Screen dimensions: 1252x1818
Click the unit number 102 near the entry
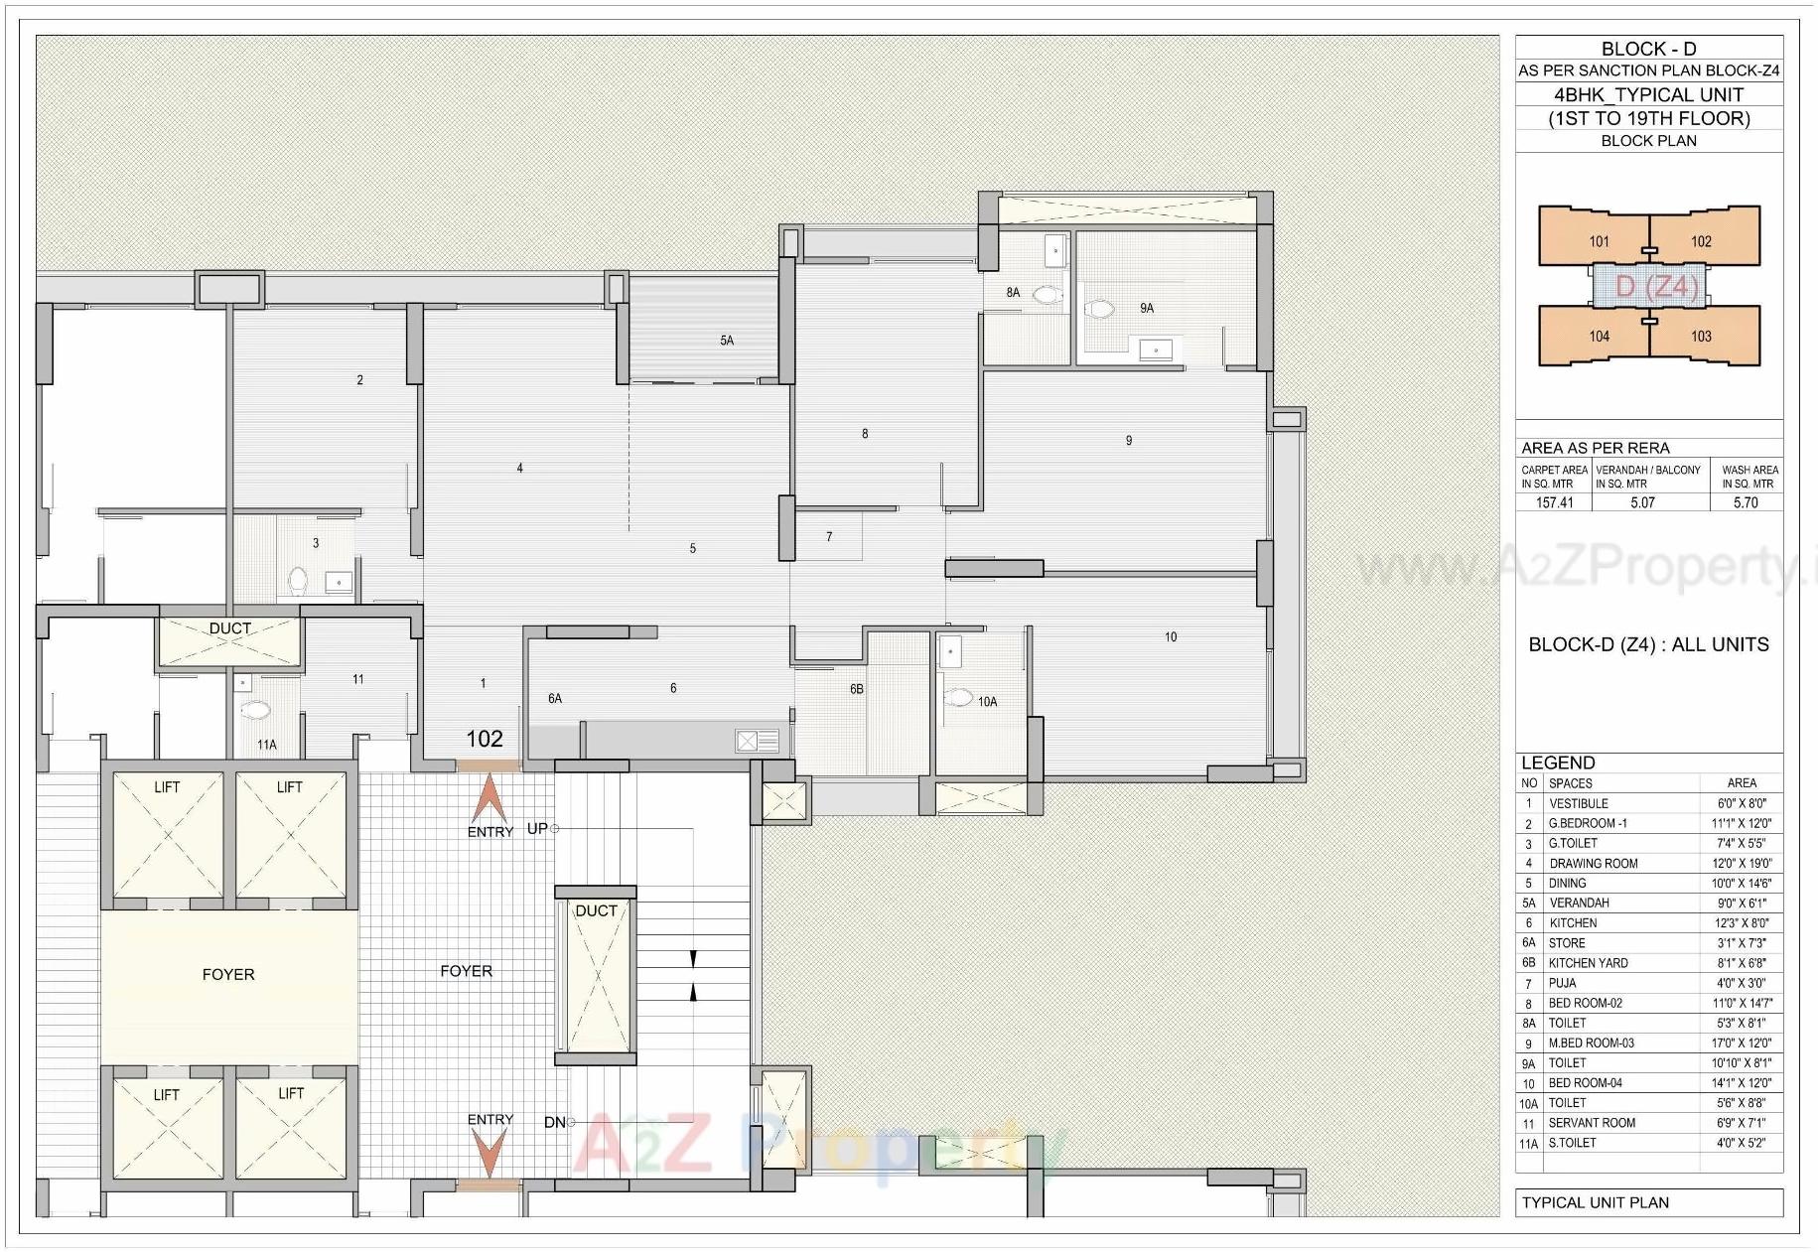[x=485, y=739]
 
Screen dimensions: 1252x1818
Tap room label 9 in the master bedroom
[x=1129, y=441]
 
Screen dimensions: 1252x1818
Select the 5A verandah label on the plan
[x=727, y=341]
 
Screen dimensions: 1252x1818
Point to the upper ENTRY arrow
[x=489, y=798]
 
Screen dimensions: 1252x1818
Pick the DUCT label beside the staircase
[x=596, y=910]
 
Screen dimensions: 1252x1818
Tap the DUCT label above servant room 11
[x=230, y=628]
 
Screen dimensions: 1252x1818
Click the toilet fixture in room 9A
[x=1099, y=310]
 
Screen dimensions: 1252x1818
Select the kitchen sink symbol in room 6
[x=757, y=741]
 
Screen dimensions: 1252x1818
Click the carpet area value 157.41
[x=1554, y=502]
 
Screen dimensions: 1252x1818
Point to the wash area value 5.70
[x=1746, y=502]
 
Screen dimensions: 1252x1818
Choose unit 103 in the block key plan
[x=1701, y=337]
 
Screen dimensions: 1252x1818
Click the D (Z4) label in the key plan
[x=1655, y=287]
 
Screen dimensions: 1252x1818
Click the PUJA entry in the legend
[x=1563, y=983]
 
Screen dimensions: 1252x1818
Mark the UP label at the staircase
[x=537, y=828]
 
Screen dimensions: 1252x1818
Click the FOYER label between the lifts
[x=228, y=975]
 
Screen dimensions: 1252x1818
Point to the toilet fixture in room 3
[x=298, y=580]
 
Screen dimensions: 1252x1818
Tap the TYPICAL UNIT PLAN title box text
[x=1596, y=1202]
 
